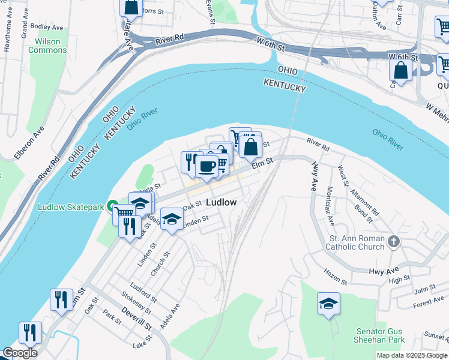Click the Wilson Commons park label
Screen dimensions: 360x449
47,46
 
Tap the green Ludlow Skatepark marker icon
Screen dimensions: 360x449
112,207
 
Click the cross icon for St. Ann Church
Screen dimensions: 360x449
394,241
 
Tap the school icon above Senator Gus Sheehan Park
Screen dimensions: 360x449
328,304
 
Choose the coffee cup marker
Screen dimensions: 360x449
207,166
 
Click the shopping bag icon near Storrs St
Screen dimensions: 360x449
131,7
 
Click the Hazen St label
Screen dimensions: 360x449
336,277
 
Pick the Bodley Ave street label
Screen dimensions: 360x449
46,28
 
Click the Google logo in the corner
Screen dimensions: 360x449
19,353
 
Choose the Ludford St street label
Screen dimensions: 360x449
143,291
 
